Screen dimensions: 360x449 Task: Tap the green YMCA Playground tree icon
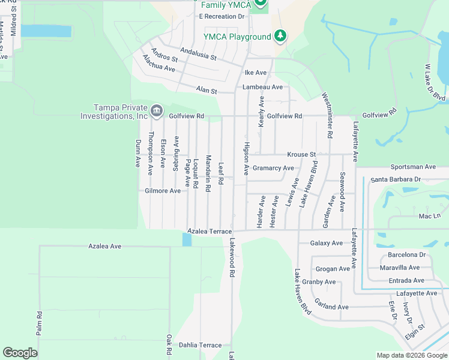click(x=280, y=36)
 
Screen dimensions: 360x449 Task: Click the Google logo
click(x=20, y=353)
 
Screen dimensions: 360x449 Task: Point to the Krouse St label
click(x=301, y=154)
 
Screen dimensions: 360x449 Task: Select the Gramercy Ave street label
click(x=273, y=168)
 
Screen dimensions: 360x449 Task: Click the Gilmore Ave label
click(x=163, y=191)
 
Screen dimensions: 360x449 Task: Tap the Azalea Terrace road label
click(x=209, y=231)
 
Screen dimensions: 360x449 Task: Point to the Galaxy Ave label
click(x=327, y=243)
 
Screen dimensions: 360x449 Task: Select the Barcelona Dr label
click(x=406, y=254)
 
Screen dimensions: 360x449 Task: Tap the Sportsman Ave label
click(x=412, y=166)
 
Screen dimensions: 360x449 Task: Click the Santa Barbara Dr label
click(x=396, y=179)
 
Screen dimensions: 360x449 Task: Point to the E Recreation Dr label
click(x=222, y=16)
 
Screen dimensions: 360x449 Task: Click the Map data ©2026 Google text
click(x=412, y=355)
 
